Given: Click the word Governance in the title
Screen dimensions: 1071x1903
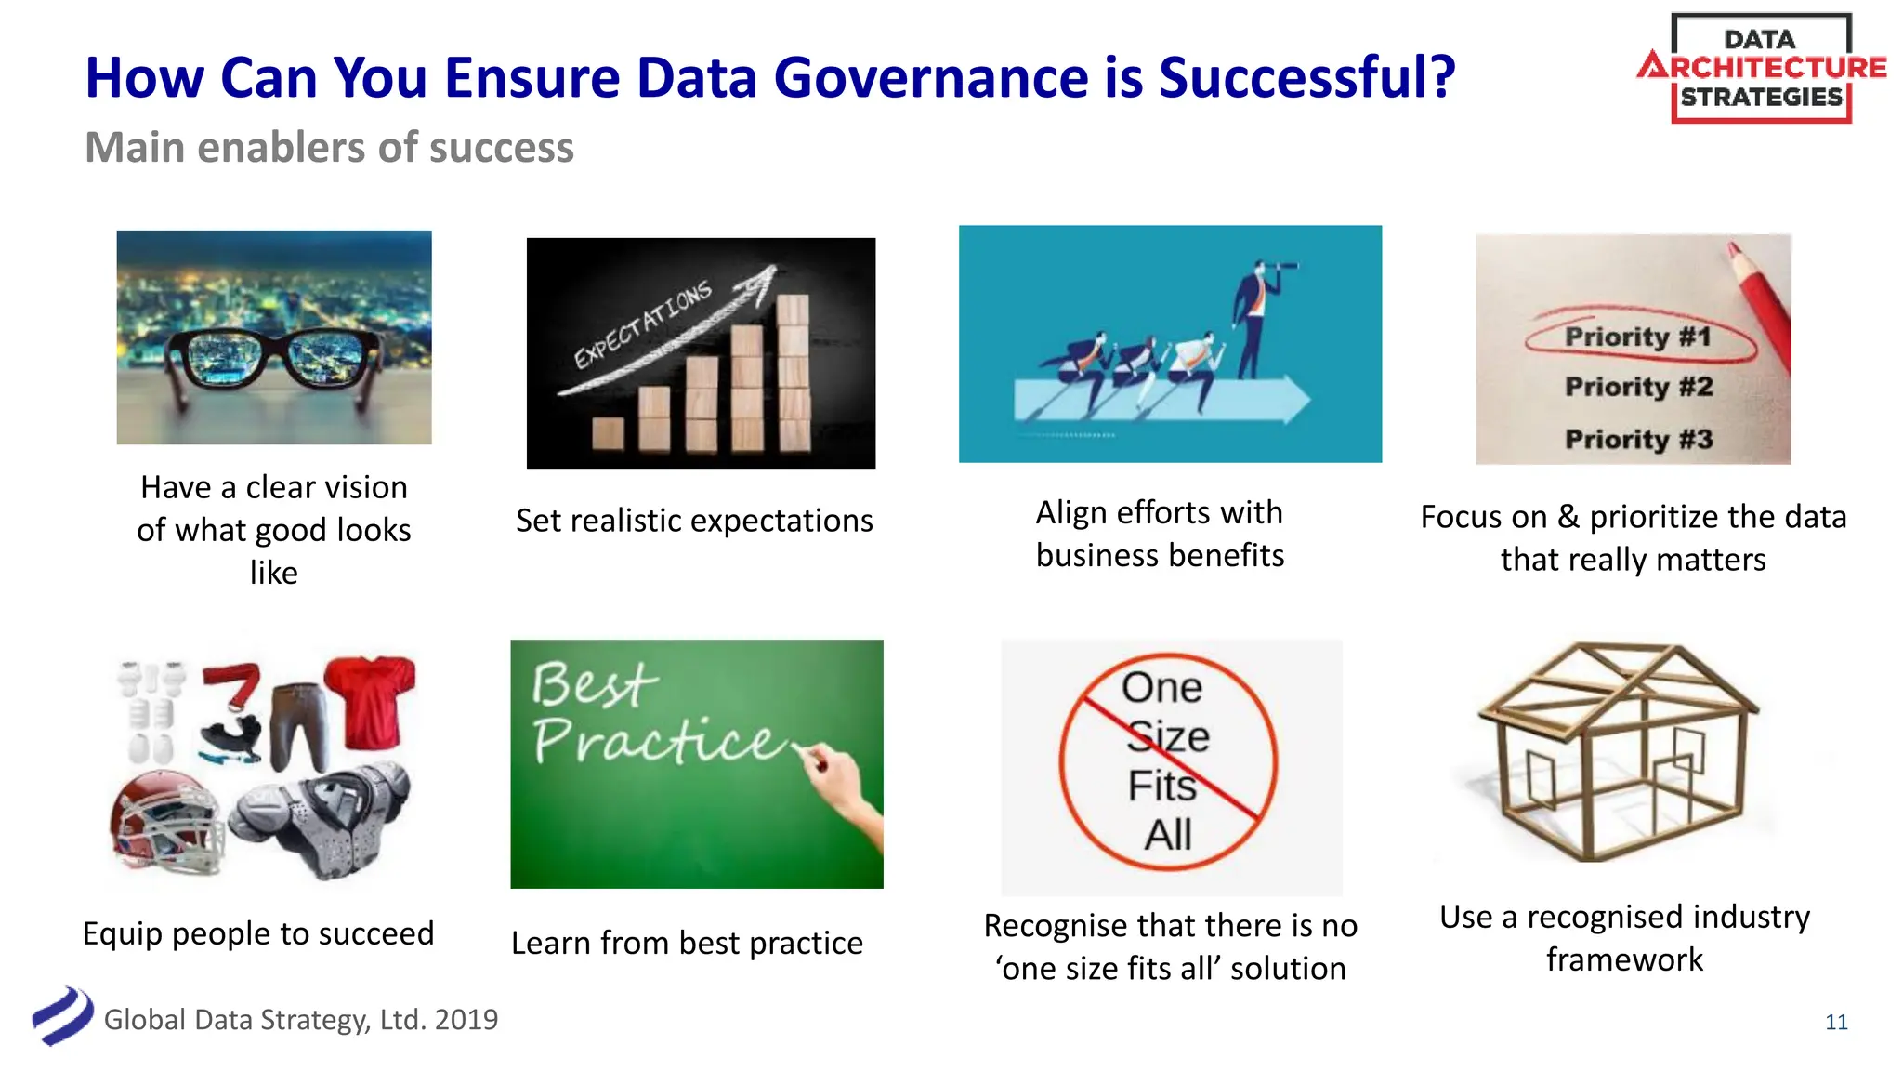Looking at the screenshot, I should click(x=930, y=78).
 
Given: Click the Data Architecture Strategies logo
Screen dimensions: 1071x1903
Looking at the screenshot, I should click(x=1761, y=69).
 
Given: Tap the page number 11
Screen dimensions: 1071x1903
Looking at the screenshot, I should click(x=1836, y=1023).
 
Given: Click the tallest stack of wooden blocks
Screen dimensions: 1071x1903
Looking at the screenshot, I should click(x=793, y=372).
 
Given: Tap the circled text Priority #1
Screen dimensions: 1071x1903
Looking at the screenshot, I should click(x=1637, y=337).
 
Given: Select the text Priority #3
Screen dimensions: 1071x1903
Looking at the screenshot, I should click(x=1637, y=439).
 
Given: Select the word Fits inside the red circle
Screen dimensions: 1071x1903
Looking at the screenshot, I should click(x=1161, y=786).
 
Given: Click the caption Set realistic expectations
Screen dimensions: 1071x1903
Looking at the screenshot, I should click(x=694, y=521).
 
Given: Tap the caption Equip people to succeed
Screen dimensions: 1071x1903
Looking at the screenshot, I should click(x=258, y=933).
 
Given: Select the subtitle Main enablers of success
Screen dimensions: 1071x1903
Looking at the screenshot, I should click(x=329, y=148).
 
